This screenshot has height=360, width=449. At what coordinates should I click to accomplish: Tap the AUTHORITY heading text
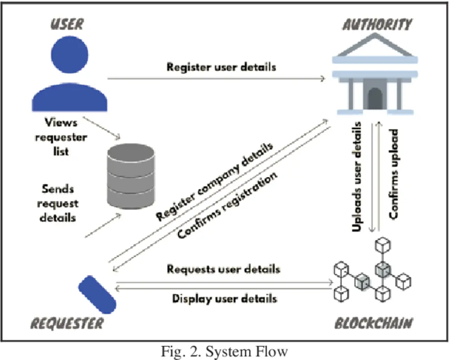point(377,25)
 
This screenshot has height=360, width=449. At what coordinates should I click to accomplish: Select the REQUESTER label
point(66,323)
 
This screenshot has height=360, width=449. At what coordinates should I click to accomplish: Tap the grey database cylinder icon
point(131,176)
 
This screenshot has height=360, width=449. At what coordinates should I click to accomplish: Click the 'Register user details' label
point(222,67)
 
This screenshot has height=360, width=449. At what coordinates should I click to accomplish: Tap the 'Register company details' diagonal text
point(215,181)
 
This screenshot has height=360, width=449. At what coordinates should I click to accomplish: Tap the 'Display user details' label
point(224,298)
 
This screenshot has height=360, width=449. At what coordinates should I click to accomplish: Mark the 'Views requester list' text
point(61,137)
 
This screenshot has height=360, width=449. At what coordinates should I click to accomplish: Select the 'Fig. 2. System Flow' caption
point(224,351)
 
